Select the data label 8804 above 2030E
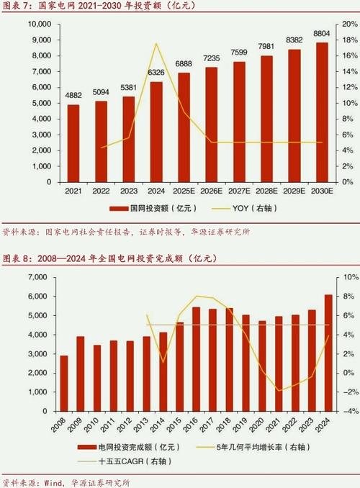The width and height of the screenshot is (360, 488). click(322, 34)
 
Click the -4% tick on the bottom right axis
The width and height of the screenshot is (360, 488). click(347, 412)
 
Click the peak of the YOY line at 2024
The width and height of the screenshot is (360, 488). click(156, 44)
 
